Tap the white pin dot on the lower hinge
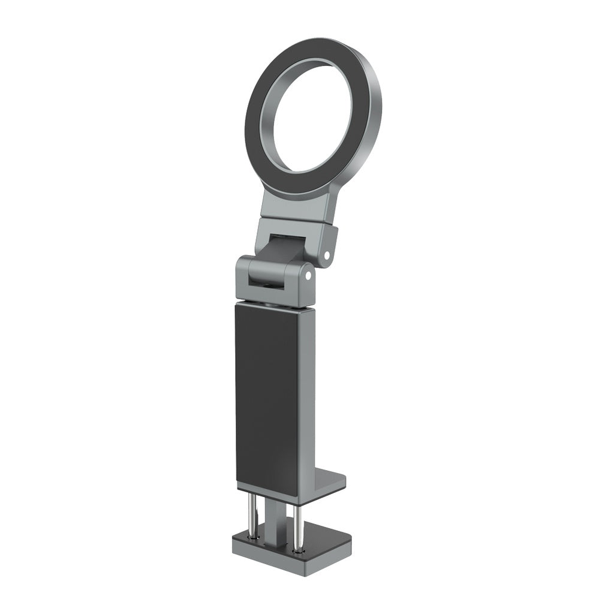point(308,275)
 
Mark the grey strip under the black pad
point(266,489)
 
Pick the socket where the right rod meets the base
point(298,548)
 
